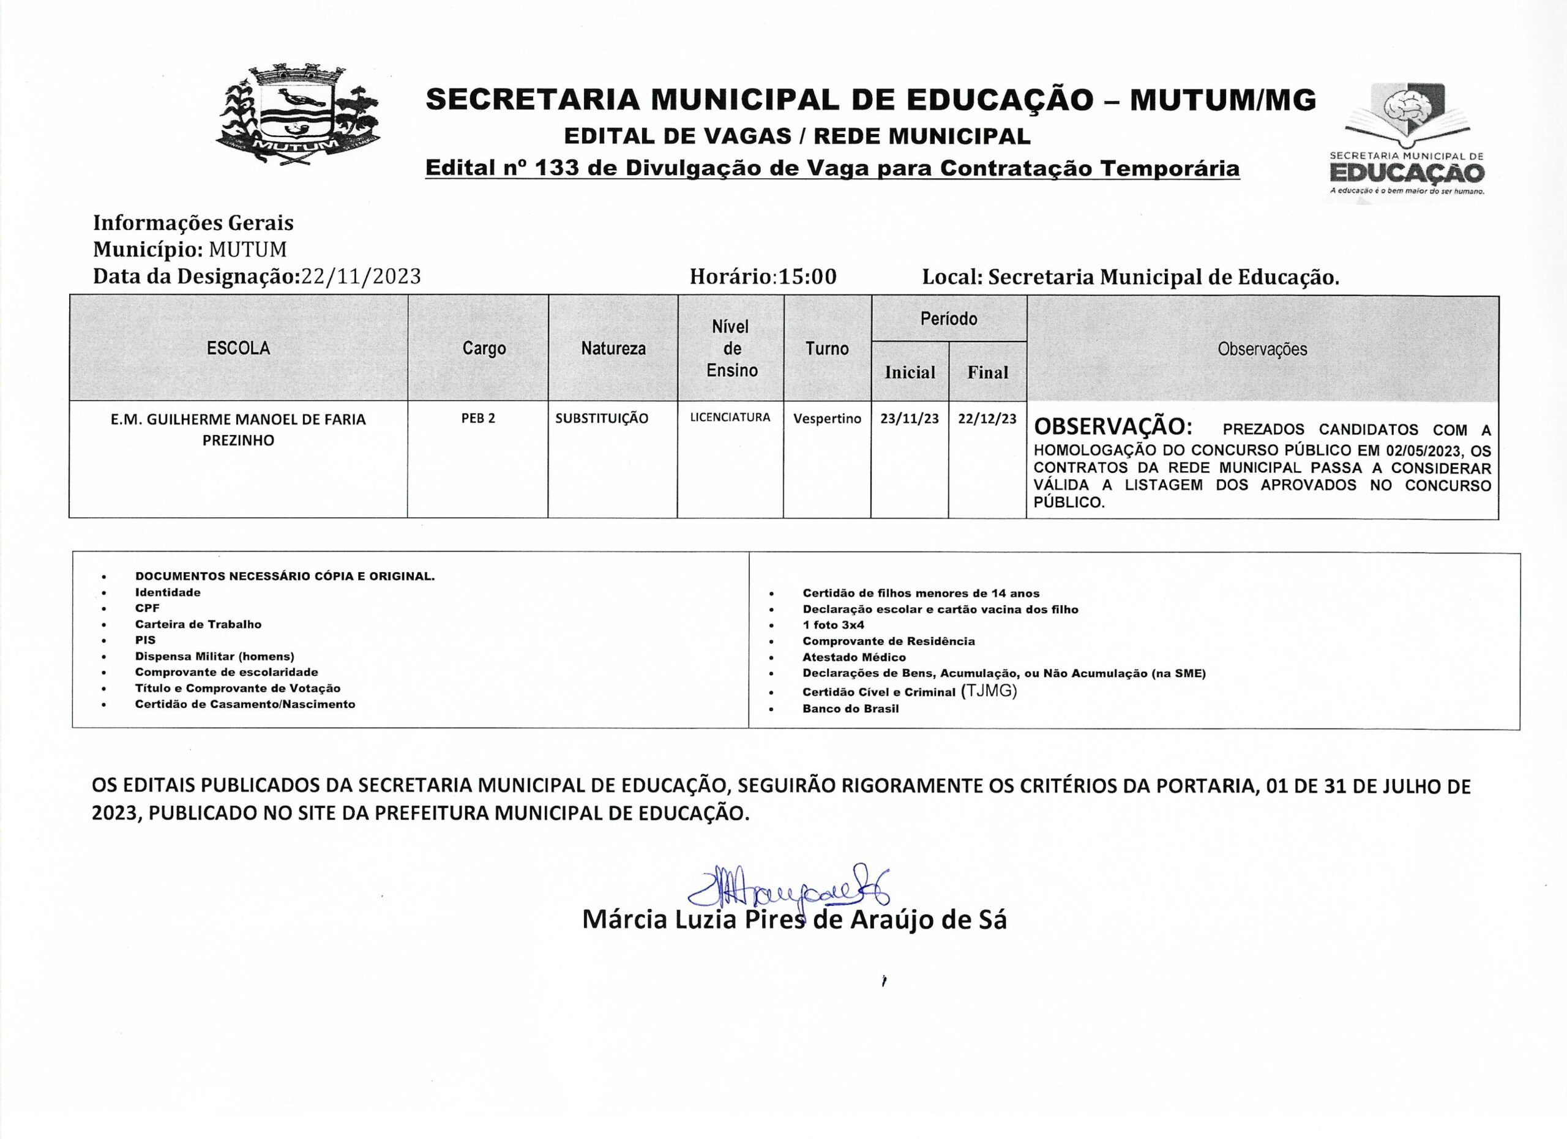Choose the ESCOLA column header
(238, 348)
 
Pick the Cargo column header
(484, 348)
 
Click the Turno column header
(826, 348)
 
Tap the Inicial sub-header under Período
(909, 372)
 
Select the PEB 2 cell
(478, 419)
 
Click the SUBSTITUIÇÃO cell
(602, 419)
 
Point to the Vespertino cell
(827, 419)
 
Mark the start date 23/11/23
(909, 419)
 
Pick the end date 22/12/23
(987, 419)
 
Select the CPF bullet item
(147, 608)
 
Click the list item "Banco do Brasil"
(850, 709)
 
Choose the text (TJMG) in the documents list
(989, 692)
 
